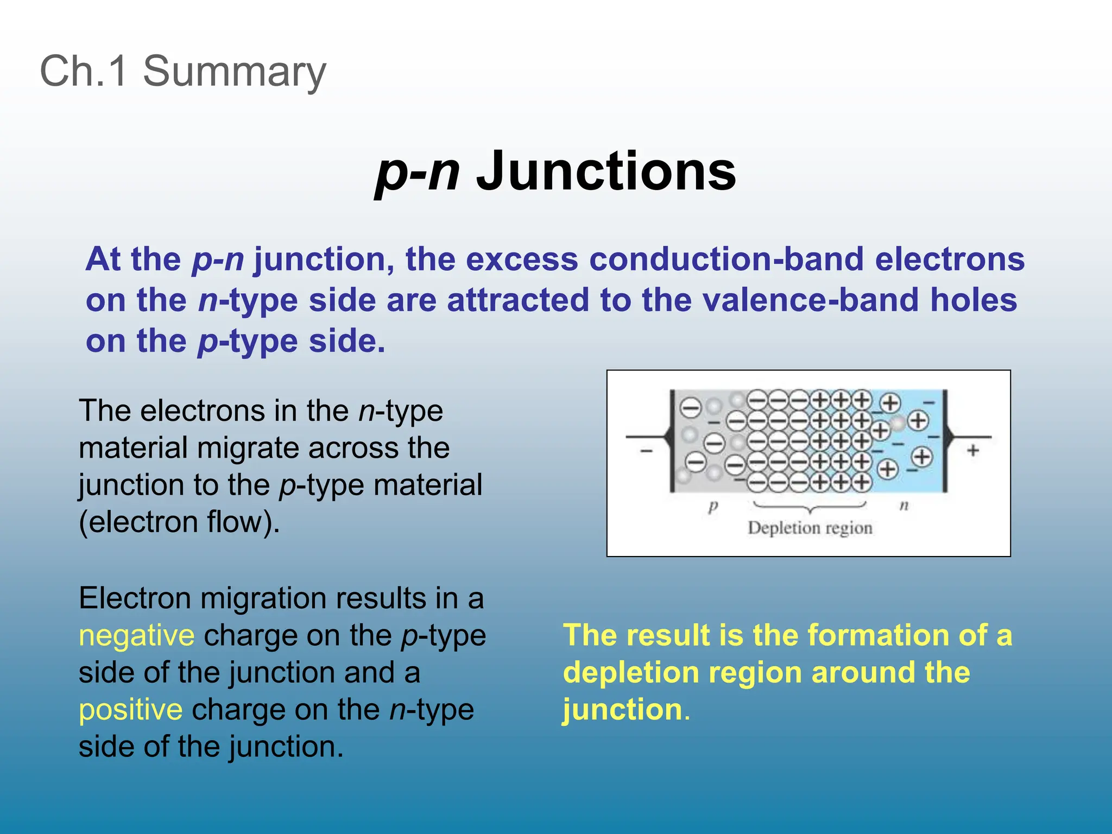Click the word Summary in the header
[x=234, y=71]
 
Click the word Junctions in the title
[x=605, y=171]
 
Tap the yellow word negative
[x=136, y=635]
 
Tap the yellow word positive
[x=130, y=710]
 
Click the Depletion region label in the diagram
[x=810, y=528]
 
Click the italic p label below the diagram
[x=713, y=507]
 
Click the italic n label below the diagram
[x=904, y=506]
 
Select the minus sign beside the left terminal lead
[x=646, y=451]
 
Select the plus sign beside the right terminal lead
[x=973, y=450]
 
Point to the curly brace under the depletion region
[x=810, y=508]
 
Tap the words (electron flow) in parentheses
[x=179, y=522]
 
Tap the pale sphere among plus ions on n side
[x=899, y=422]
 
